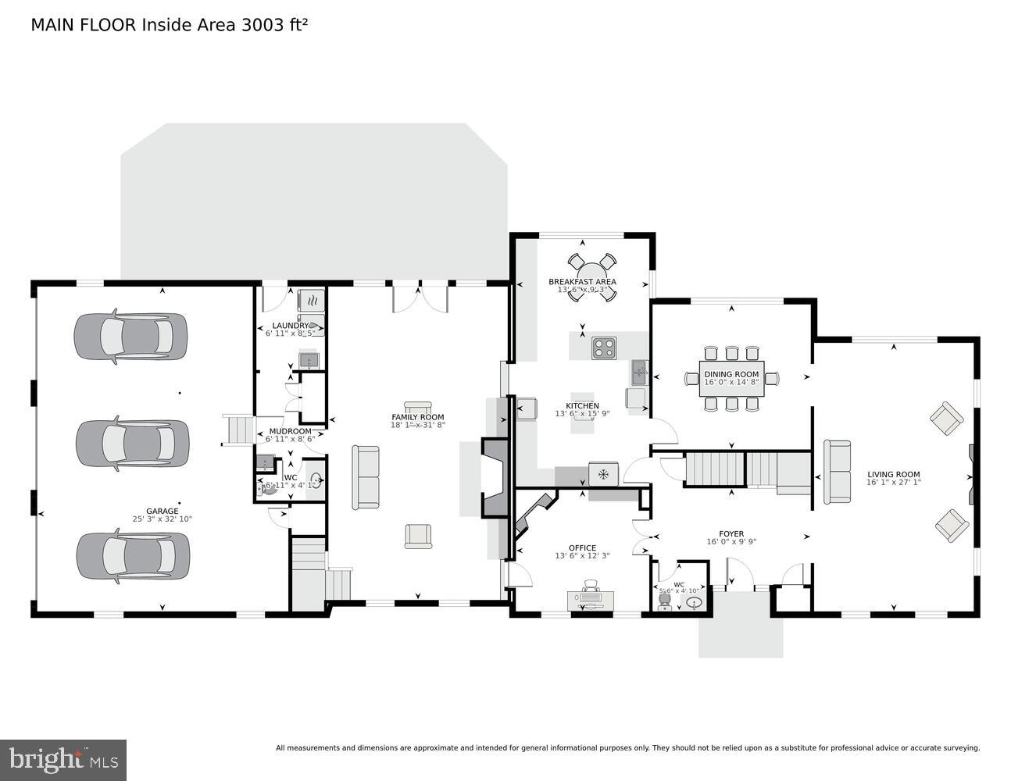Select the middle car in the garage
pyautogui.click(x=132, y=444)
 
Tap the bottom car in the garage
pyautogui.click(x=133, y=555)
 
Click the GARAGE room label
pyautogui.click(x=162, y=511)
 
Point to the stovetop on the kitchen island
pyautogui.click(x=603, y=346)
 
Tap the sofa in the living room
pyautogui.click(x=838, y=472)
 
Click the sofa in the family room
pyautogui.click(x=366, y=477)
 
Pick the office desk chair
pyautogui.click(x=591, y=586)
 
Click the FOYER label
pyautogui.click(x=731, y=534)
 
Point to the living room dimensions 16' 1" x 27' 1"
pyautogui.click(x=893, y=483)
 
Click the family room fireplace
pyautogui.click(x=494, y=478)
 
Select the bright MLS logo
pyautogui.click(x=63, y=759)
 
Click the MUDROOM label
pyautogui.click(x=290, y=431)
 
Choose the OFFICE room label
pyautogui.click(x=582, y=548)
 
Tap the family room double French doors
pyautogui.click(x=420, y=297)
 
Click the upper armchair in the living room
pyautogui.click(x=947, y=419)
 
